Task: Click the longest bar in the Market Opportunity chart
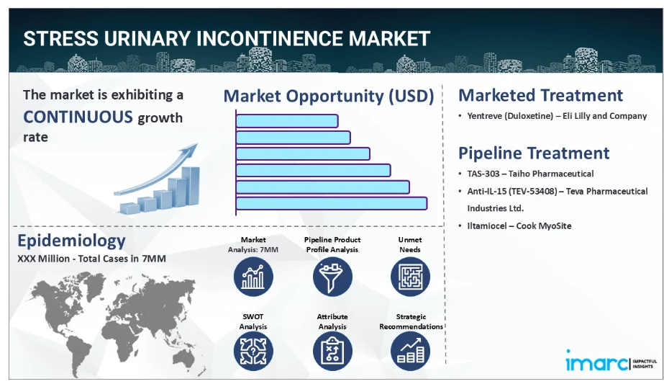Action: (331, 203)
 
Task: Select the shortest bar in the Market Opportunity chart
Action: (287, 121)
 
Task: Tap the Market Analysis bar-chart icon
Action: (253, 277)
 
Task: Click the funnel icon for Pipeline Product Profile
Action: (332, 277)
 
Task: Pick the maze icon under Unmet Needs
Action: (410, 277)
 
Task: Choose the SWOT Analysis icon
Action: (253, 351)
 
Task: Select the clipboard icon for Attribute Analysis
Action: (332, 351)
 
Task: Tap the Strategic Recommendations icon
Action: (410, 351)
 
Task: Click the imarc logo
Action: (611, 361)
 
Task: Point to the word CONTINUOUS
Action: (78, 117)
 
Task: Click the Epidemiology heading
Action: (71, 241)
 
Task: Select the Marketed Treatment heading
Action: (540, 95)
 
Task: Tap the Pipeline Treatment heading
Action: (534, 153)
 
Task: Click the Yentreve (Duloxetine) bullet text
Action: (557, 116)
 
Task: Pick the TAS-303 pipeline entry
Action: (530, 174)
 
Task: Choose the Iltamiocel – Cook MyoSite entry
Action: (519, 226)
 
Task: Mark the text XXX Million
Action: (43, 259)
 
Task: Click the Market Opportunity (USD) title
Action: (329, 97)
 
